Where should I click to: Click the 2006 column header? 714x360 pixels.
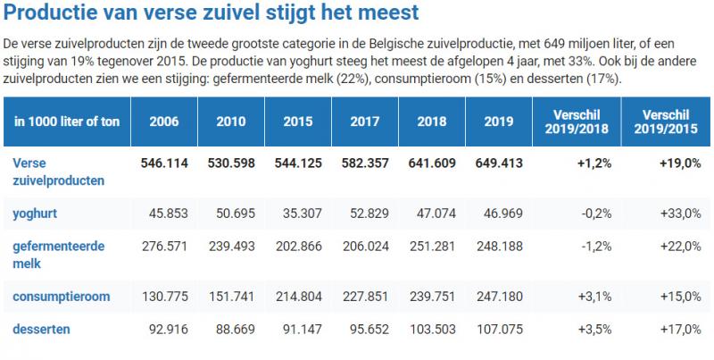point(164,121)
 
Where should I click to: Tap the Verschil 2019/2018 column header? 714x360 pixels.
point(577,121)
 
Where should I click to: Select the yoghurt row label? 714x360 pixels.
point(37,213)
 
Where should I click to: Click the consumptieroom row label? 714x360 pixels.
point(59,296)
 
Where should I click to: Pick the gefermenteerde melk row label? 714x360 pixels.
point(57,255)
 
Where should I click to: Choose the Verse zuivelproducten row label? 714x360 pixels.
point(58,172)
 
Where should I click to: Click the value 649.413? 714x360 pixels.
point(495,164)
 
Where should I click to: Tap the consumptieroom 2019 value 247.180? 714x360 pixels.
point(495,296)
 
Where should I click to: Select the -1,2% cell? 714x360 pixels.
point(597,247)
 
